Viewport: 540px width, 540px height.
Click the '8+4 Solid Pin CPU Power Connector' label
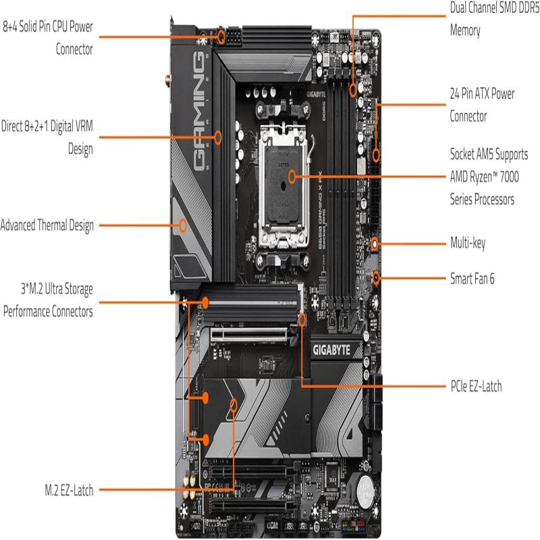pyautogui.click(x=48, y=38)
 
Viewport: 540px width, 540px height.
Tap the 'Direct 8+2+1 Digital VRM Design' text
pyautogui.click(x=47, y=137)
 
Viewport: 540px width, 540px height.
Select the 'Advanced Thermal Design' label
pyautogui.click(x=47, y=225)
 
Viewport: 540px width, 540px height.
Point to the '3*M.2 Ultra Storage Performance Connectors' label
pyautogui.click(x=48, y=300)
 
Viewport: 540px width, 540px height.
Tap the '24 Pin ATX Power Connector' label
pyautogui.click(x=482, y=105)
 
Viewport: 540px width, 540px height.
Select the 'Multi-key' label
pyautogui.click(x=467, y=243)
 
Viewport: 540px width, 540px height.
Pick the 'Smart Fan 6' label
pyautogui.click(x=472, y=277)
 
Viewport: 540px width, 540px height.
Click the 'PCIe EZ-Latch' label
pyautogui.click(x=475, y=387)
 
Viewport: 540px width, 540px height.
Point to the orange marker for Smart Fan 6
pyautogui.click(x=377, y=277)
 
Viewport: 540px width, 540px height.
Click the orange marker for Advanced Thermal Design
pyautogui.click(x=182, y=225)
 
